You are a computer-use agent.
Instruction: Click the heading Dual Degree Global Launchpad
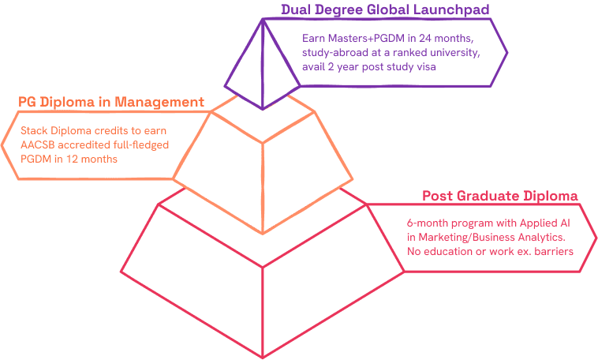[384, 10]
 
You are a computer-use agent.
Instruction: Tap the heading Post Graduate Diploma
[501, 196]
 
